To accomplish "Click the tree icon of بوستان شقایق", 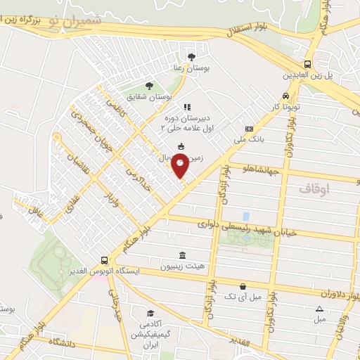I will pos(148,85).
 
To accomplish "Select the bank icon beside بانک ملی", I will pos(249,129).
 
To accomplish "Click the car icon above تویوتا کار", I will pos(285,96).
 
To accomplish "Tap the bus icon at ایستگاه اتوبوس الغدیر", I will pos(105,259).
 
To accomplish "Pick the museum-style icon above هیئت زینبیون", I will pos(183,255).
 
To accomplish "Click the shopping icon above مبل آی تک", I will pos(243,286).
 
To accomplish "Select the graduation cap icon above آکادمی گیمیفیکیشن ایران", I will pos(149,314).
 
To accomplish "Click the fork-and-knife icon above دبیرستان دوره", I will pos(186,107).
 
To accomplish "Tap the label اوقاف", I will pos(314,190).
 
